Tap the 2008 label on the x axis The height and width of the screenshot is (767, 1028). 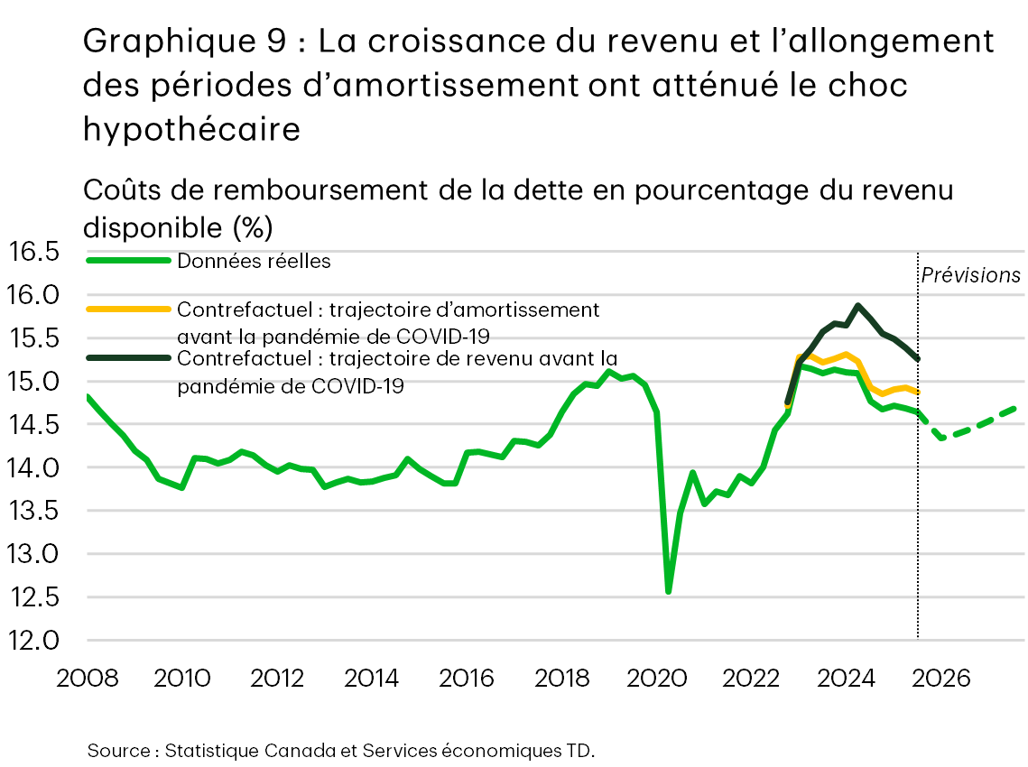pos(87,678)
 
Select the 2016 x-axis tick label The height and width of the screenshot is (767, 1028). pos(467,678)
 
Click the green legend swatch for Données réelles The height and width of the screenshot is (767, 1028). pos(128,261)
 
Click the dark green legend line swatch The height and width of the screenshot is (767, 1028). pos(128,358)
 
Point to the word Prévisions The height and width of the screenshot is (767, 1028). pos(970,275)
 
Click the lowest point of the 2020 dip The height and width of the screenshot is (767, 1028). pos(668,592)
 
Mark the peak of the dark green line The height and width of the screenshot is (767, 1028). pos(857,305)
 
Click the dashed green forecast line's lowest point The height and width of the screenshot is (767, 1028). pos(942,438)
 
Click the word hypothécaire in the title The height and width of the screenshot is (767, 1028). pos(191,128)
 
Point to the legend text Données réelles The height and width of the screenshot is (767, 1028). pos(255,261)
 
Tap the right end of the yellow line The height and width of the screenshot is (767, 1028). pos(918,393)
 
